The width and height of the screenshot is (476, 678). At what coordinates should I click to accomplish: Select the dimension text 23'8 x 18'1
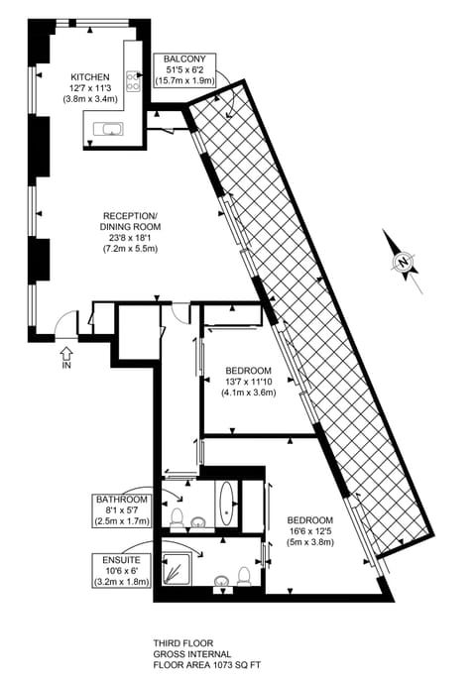(x=131, y=237)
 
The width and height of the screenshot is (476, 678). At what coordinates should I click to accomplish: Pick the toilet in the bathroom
(x=177, y=518)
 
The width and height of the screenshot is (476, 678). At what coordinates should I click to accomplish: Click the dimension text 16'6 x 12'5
(x=310, y=531)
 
